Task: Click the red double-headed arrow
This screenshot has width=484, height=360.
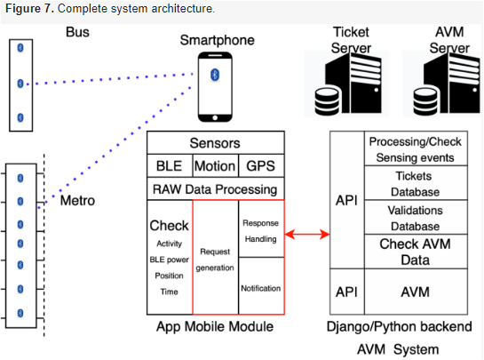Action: click(307, 235)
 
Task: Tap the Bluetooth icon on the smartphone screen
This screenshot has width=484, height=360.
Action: click(215, 75)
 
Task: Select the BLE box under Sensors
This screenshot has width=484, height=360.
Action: click(170, 165)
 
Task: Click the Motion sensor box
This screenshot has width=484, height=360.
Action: click(216, 165)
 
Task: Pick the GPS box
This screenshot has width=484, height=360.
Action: click(261, 165)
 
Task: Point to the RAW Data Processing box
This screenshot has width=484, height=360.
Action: click(216, 188)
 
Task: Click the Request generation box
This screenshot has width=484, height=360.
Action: click(216, 257)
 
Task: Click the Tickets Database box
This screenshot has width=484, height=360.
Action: click(416, 183)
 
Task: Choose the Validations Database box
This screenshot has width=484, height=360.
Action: click(416, 217)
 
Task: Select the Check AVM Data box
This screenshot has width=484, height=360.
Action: click(416, 252)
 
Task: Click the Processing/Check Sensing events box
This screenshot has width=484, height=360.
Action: click(416, 148)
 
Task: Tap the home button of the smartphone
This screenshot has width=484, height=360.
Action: click(215, 117)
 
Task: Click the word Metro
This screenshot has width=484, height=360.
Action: click(77, 201)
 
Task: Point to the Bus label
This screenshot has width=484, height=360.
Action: click(77, 32)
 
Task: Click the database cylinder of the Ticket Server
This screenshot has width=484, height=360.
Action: click(328, 101)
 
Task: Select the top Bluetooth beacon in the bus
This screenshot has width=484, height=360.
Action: click(20, 48)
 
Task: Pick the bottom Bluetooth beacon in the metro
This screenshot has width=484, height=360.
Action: click(20, 313)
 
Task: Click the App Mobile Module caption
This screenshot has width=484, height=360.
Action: click(215, 326)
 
